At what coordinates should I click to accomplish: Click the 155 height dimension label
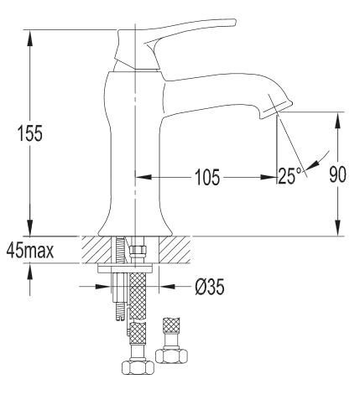[30, 133]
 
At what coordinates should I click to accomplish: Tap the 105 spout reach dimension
[207, 177]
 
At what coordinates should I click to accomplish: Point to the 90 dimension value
[337, 174]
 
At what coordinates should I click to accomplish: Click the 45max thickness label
[30, 250]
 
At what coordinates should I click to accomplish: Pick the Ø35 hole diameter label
[210, 287]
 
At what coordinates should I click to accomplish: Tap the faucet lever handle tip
[234, 22]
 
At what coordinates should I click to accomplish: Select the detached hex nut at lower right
[171, 356]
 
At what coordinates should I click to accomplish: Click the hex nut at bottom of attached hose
[138, 366]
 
